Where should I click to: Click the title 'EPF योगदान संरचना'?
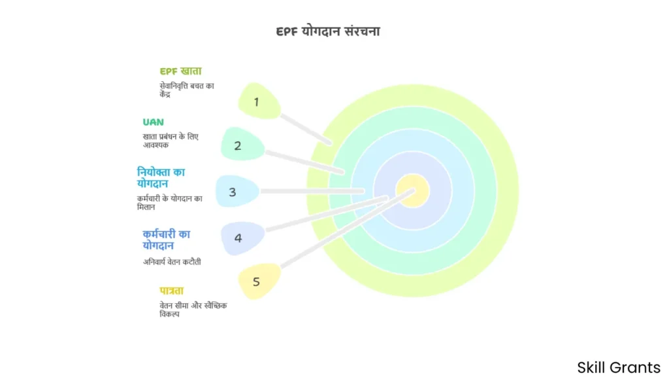pos(328,31)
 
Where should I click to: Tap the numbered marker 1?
pos(257,101)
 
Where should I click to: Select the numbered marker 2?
pos(239,145)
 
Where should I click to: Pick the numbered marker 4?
pos(239,238)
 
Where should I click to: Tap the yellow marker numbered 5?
pos(257,281)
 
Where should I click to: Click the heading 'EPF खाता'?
pos(181,71)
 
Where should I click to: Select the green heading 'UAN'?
pos(154,122)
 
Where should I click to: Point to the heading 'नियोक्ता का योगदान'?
pos(161,177)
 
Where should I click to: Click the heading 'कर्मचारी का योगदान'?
pos(167,240)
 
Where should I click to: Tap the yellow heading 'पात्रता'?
pos(172,290)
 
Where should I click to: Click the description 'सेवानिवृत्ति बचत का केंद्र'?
pos(186,89)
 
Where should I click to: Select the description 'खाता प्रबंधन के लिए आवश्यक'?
pos(171,140)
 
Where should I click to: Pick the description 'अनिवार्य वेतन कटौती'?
pos(172,261)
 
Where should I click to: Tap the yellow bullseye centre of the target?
pos(413,191)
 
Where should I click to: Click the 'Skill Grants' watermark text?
pos(619,367)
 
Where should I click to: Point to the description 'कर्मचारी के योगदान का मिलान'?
pos(170,202)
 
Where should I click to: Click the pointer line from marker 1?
pos(306,129)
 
